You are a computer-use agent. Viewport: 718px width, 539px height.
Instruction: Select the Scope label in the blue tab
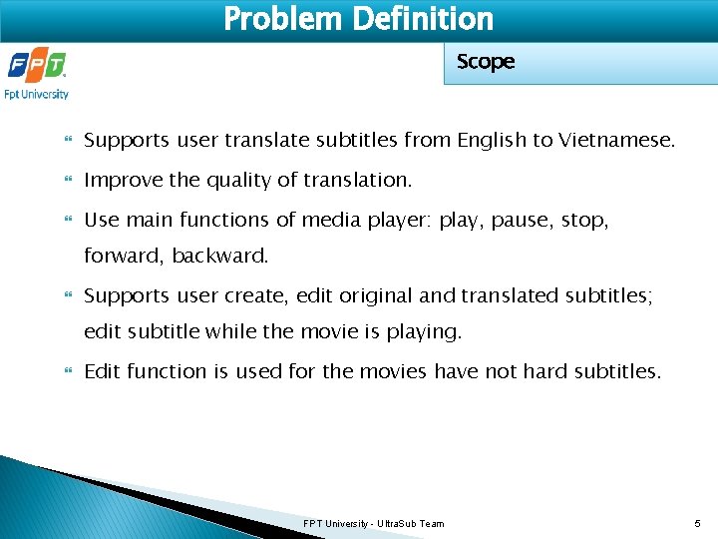coord(486,62)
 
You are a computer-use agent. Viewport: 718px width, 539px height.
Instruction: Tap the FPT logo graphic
coord(37,67)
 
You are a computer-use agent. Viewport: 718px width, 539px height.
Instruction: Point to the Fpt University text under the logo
coord(37,95)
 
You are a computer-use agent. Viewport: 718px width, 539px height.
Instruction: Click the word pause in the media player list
coord(521,221)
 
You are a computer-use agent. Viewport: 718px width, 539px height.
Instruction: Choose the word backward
coord(220,257)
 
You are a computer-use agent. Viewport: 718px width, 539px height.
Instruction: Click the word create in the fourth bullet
coord(266,296)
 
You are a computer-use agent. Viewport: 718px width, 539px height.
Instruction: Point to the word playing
coord(427,332)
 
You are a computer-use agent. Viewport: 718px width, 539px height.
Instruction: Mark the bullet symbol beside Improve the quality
coord(68,182)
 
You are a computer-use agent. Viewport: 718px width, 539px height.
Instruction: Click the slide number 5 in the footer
coord(698,524)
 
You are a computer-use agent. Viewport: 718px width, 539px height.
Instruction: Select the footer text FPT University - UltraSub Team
coord(374,524)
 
